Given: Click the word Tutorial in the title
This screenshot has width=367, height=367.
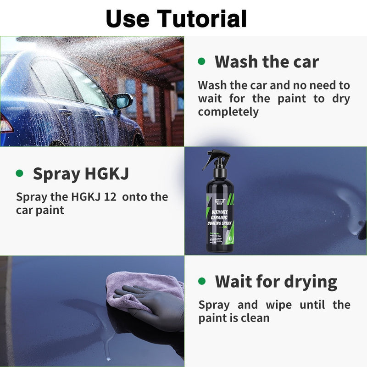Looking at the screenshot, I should [203, 18].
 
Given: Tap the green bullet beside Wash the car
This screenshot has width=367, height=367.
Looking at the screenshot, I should [201, 61].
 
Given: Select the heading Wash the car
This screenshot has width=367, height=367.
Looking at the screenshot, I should [267, 61].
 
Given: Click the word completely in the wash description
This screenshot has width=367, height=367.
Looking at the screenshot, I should [228, 111].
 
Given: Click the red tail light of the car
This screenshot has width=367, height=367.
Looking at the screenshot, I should [5, 123].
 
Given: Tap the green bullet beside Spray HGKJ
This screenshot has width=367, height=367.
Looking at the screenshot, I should [19, 173].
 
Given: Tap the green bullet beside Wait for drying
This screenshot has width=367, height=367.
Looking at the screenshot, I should [201, 281].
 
